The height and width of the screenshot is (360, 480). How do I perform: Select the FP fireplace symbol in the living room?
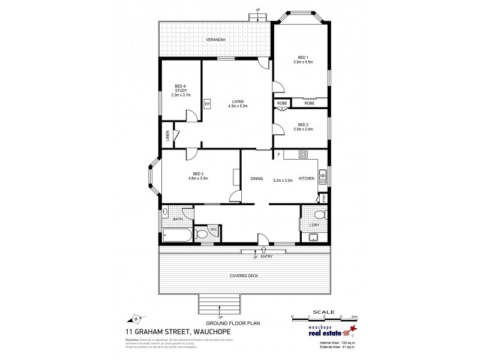coord(207,104)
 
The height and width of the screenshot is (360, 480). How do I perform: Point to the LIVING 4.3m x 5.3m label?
coord(238,104)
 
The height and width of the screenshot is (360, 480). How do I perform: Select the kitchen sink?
coord(323,175)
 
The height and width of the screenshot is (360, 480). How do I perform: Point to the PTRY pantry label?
coord(323,197)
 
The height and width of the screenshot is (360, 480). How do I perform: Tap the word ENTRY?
coord(267,256)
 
